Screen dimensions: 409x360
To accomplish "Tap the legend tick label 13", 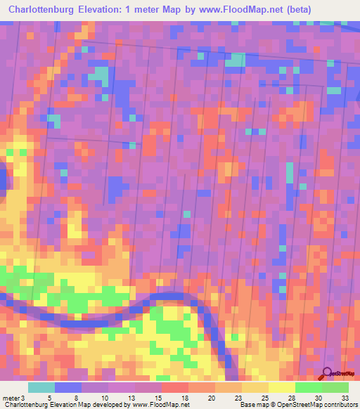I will coord(134,398).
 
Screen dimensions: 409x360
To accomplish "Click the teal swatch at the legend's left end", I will coord(41,387).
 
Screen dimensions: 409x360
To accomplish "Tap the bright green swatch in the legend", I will coord(308,387).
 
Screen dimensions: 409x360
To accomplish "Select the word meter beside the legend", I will coord(9,398).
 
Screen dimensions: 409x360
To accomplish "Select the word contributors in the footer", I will coord(340,405).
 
